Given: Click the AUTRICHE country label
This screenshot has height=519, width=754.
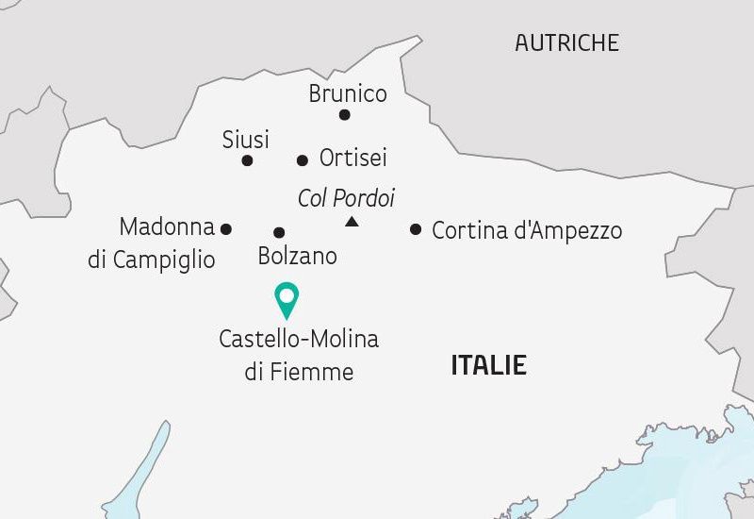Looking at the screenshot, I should tap(566, 42).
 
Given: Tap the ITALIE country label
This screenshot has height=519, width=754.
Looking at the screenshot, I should tap(488, 365).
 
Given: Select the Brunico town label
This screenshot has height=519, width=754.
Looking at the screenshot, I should tap(348, 94).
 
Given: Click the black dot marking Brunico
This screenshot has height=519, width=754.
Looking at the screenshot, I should tap(345, 115).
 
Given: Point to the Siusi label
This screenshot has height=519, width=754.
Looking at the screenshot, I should tap(246, 140).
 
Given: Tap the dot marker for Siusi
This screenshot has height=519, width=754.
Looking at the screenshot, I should tap(247, 160).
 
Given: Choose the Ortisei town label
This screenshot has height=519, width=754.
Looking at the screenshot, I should tap(353, 158).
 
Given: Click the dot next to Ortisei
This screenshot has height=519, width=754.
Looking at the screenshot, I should tap(303, 160).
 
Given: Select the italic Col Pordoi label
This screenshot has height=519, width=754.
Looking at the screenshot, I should tap(346, 198).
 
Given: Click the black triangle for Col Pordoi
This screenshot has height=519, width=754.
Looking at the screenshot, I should tap(352, 222).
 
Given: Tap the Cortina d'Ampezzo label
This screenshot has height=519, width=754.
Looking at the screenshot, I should tap(527, 230).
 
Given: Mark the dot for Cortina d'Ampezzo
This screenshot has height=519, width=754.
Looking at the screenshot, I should tap(416, 228).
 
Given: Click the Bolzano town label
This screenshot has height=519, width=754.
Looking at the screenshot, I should tap(297, 256).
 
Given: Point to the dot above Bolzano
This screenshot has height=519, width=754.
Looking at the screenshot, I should tap(279, 232).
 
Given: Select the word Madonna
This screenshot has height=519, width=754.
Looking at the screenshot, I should tap(168, 227).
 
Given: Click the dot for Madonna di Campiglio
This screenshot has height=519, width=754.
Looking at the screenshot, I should tap(226, 228).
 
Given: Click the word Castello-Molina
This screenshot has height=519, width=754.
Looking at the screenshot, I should tap(299, 339).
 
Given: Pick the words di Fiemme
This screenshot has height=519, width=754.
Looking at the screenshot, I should tap(299, 372).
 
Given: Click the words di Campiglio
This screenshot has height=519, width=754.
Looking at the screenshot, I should tap(152, 259).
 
